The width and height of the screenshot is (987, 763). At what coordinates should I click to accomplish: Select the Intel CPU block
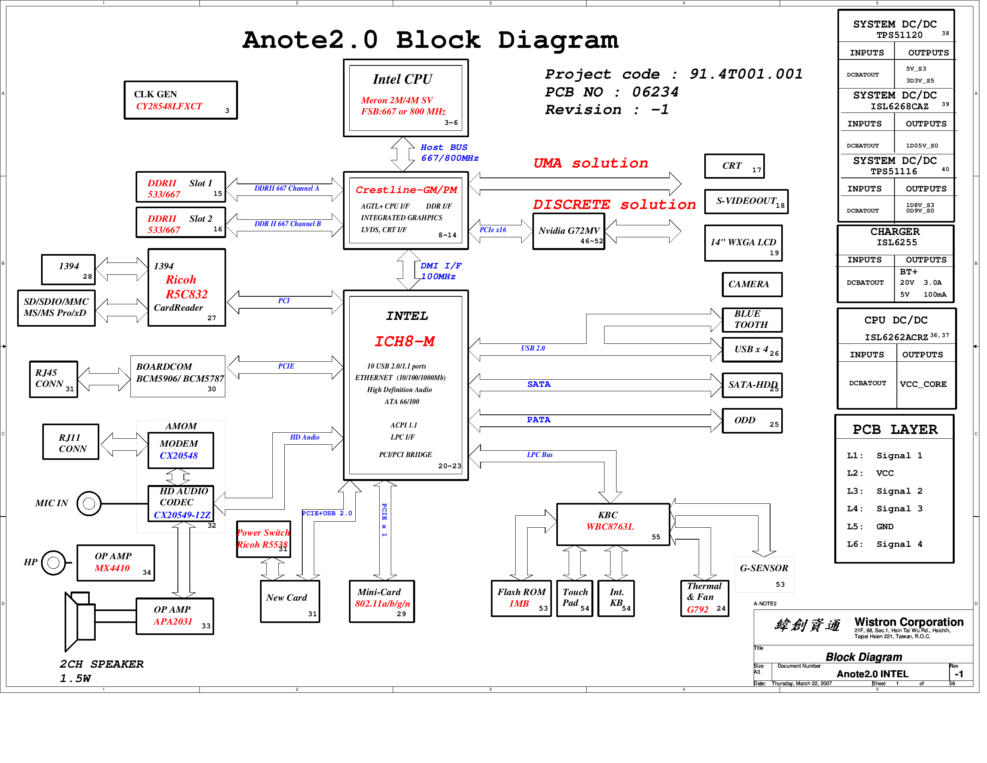[x=406, y=98]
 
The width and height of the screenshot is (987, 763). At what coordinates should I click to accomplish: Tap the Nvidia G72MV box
[x=569, y=231]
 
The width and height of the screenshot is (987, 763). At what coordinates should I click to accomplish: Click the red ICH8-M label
[x=404, y=341]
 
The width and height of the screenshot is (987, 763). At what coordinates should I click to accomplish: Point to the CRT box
[x=734, y=166]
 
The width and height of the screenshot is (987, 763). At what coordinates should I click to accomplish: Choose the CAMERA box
[x=752, y=284]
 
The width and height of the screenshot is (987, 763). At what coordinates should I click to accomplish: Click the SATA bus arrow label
[x=539, y=384]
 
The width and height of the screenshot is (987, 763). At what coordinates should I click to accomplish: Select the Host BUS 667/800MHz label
[x=449, y=153]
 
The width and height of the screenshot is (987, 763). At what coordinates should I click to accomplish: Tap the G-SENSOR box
[x=764, y=574]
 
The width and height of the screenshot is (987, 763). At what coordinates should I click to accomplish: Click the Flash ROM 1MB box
[x=521, y=598]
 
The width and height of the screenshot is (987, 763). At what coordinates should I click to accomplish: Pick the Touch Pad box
[x=574, y=598]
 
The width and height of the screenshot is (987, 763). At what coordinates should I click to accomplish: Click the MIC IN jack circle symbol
[x=89, y=503]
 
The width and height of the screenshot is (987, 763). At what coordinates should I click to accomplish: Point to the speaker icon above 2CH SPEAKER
[x=79, y=619]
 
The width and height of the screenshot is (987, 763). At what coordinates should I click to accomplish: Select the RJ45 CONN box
[x=53, y=379]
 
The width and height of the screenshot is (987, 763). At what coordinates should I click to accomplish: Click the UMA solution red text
[x=591, y=163]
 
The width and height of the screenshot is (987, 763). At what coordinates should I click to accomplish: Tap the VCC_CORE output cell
[x=923, y=384]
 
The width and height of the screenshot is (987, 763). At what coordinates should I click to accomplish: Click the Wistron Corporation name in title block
[x=908, y=622]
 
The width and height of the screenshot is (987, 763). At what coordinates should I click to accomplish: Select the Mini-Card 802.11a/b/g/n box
[x=382, y=601]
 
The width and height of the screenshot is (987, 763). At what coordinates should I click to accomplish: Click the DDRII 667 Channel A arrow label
[x=286, y=189]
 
